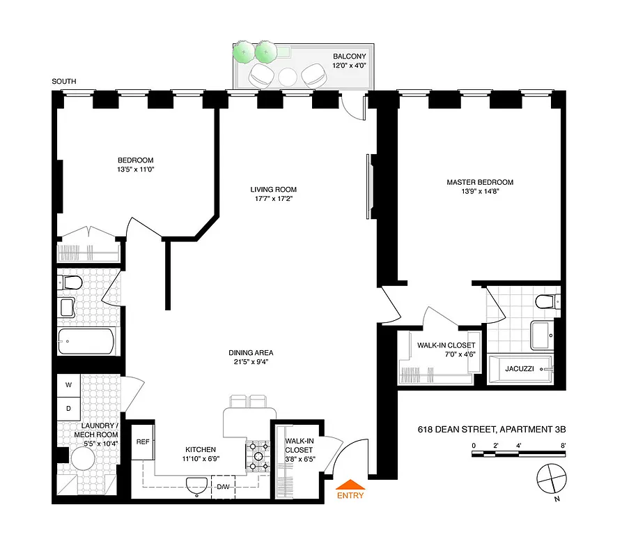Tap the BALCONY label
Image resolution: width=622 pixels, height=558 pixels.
(349, 56)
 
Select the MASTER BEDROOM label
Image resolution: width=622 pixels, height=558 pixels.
(475, 183)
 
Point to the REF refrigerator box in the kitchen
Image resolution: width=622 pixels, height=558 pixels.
(143, 442)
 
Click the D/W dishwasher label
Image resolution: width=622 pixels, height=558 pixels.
(224, 487)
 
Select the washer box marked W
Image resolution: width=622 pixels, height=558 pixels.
(69, 385)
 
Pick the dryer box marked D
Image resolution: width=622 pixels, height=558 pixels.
(69, 407)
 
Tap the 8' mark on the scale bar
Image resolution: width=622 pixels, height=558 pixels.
(562, 444)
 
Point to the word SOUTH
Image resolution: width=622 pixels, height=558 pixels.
(63, 82)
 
